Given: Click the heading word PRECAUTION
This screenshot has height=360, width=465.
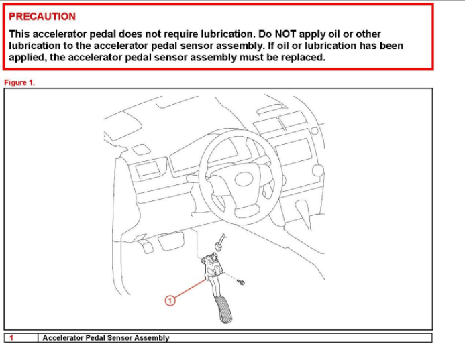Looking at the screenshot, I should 42,17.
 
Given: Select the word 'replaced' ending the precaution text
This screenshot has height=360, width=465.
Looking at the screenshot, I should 303,58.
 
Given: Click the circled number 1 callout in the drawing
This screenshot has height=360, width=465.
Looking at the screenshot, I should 170,300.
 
